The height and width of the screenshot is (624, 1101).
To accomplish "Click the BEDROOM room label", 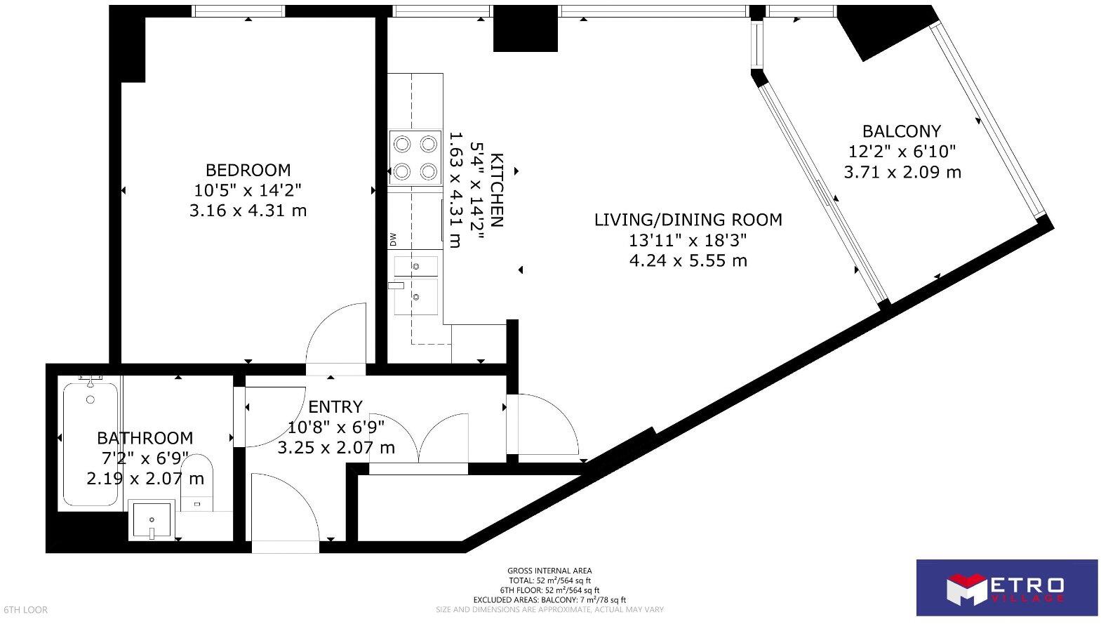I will (x=248, y=170).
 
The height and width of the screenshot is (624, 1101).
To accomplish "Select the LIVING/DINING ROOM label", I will (x=688, y=220).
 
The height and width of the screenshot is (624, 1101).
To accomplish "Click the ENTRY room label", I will (x=335, y=406).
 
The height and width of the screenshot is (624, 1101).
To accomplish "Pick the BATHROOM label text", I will (x=145, y=438).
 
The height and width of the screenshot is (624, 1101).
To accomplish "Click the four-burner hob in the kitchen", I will (x=415, y=157).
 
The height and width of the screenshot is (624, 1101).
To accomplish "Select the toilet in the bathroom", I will (x=198, y=483).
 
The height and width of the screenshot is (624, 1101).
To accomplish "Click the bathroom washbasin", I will (x=152, y=520).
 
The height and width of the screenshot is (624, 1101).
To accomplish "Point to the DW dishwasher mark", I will (x=393, y=240).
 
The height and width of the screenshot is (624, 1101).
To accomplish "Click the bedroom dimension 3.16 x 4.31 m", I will (x=248, y=210).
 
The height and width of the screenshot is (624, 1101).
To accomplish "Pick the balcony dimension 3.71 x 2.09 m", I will (x=902, y=172).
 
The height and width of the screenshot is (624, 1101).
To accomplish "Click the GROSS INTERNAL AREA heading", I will (x=549, y=571).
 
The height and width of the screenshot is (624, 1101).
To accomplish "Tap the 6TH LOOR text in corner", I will (x=26, y=609).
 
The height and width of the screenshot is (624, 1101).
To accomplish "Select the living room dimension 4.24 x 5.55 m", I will (x=688, y=260).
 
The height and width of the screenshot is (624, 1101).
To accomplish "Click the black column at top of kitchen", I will (x=525, y=34).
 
